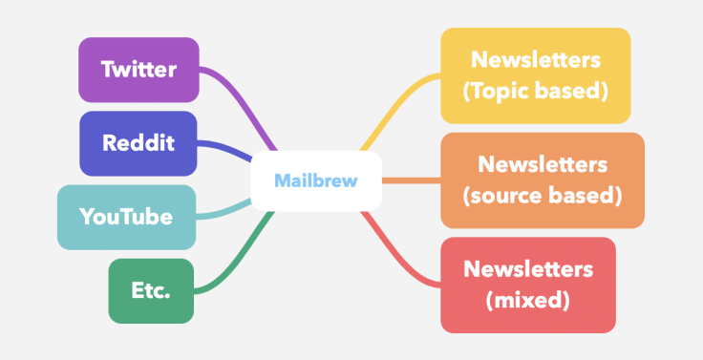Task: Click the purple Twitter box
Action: (x=138, y=70)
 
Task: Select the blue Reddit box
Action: (x=138, y=143)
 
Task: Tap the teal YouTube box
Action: (x=126, y=217)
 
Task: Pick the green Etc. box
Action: (x=151, y=289)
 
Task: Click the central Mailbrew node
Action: (x=315, y=180)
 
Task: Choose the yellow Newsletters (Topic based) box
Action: (x=535, y=75)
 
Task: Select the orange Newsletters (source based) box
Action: (x=542, y=180)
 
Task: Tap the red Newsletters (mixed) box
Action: (x=527, y=285)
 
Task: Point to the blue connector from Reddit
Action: (x=229, y=150)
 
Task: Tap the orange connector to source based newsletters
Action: (x=411, y=180)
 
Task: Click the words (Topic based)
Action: (x=535, y=92)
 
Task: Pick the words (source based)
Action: (x=542, y=196)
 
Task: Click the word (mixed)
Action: (x=527, y=301)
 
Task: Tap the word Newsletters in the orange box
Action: (x=542, y=164)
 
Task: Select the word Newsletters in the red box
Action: (x=527, y=268)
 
